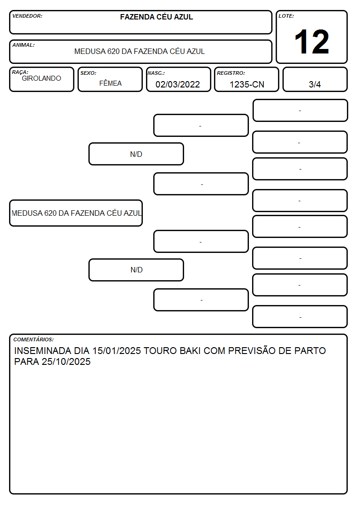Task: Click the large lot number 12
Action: point(311,42)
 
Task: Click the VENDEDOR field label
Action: point(27,16)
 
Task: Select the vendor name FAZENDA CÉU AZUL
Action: point(156,17)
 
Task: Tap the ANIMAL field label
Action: point(24,45)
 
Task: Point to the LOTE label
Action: point(286,16)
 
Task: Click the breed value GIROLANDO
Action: point(41,78)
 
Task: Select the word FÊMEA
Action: point(110,83)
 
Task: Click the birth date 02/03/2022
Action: point(178,84)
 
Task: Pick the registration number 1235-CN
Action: point(247,84)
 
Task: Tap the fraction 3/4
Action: point(315,84)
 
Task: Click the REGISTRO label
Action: point(231,73)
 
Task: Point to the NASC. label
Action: point(156,73)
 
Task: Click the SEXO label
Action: point(88,73)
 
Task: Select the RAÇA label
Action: point(20,72)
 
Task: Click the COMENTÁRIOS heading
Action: point(34,339)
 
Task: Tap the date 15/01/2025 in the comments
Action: point(117,351)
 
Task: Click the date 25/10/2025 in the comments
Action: point(66,362)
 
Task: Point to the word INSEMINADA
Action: point(43,351)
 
